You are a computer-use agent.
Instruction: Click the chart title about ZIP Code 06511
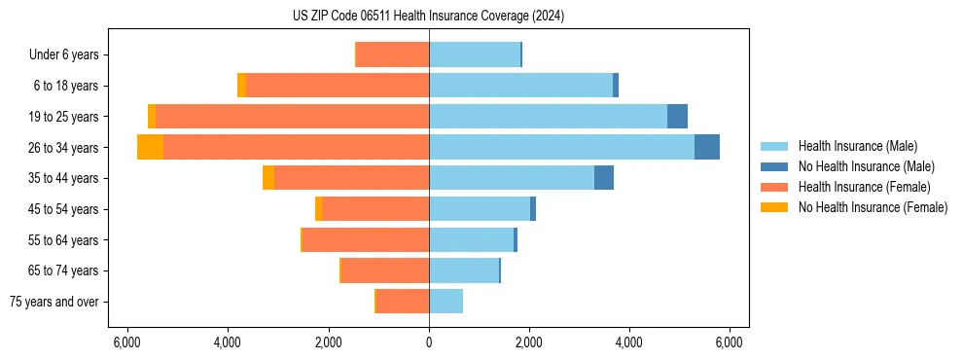tap(428, 17)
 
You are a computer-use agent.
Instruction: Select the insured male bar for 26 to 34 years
tap(561, 147)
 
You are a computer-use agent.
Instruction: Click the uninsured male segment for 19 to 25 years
tap(677, 117)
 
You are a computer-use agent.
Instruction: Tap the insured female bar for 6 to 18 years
tap(337, 86)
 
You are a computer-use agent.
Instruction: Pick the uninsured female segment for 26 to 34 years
tap(150, 147)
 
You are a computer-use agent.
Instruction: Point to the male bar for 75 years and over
tap(446, 302)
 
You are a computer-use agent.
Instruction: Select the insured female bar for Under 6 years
tap(393, 54)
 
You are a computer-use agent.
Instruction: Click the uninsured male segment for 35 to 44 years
tap(604, 178)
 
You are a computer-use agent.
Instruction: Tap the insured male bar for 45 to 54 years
tap(480, 209)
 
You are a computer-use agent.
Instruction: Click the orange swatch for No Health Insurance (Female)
tap(774, 207)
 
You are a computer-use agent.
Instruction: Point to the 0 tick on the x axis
tap(429, 342)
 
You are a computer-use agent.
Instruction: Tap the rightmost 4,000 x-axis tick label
tap(629, 342)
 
